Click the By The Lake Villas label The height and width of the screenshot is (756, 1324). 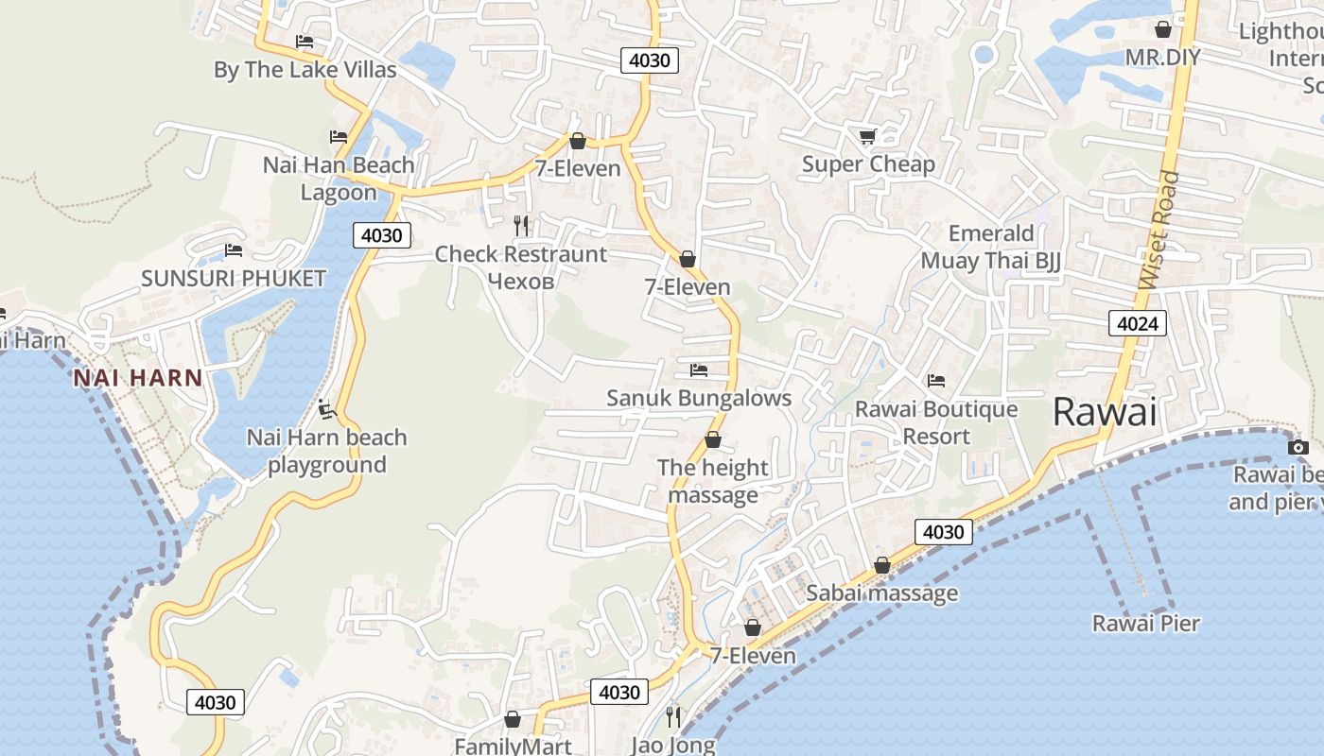click(x=305, y=69)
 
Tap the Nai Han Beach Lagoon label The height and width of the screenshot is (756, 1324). click(x=339, y=178)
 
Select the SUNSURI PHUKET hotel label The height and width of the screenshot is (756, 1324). click(x=233, y=278)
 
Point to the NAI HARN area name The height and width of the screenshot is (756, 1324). click(x=138, y=378)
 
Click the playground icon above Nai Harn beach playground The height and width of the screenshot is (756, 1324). click(x=327, y=409)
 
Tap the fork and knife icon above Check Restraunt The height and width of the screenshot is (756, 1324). click(x=520, y=226)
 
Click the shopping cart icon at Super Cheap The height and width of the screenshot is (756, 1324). click(x=867, y=137)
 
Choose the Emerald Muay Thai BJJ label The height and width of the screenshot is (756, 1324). click(x=990, y=247)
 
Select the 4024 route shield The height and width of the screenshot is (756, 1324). click(x=1138, y=324)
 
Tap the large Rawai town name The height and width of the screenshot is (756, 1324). click(x=1105, y=412)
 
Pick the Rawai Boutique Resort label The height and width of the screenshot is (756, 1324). click(x=936, y=422)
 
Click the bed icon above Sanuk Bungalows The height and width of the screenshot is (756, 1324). click(x=699, y=369)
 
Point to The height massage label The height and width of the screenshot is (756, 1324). click(x=713, y=481)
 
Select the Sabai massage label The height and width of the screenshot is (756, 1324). click(x=881, y=593)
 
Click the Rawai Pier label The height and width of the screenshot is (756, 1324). click(x=1145, y=623)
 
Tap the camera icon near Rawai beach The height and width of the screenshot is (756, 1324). click(x=1298, y=447)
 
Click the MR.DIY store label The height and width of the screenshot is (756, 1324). click(x=1162, y=57)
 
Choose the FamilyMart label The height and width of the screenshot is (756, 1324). click(x=513, y=746)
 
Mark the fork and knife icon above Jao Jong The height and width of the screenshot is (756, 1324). click(x=673, y=717)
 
